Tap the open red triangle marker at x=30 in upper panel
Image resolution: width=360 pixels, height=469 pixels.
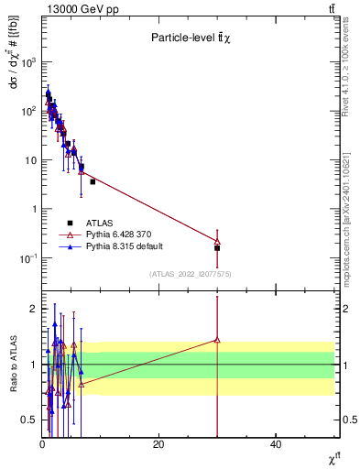217,241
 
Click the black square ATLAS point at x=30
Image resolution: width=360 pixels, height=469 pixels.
217,248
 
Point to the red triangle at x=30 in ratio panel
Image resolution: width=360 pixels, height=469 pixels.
217,340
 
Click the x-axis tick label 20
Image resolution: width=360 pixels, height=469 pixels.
158,445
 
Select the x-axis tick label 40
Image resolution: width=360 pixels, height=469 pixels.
276,445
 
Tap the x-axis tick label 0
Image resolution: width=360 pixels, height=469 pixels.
42,445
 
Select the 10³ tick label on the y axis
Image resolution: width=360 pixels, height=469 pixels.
28,62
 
